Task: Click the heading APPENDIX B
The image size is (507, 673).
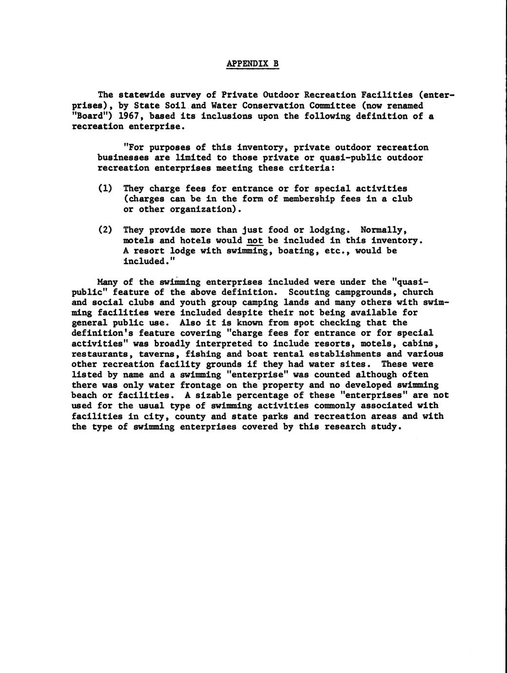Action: (x=253, y=64)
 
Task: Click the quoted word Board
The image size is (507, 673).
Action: (x=87, y=116)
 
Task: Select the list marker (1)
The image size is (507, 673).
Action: (x=105, y=188)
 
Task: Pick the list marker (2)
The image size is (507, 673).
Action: (x=105, y=230)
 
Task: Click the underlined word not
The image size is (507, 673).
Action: (x=255, y=240)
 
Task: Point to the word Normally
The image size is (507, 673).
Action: (x=384, y=230)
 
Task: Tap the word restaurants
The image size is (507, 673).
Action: (x=100, y=354)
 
